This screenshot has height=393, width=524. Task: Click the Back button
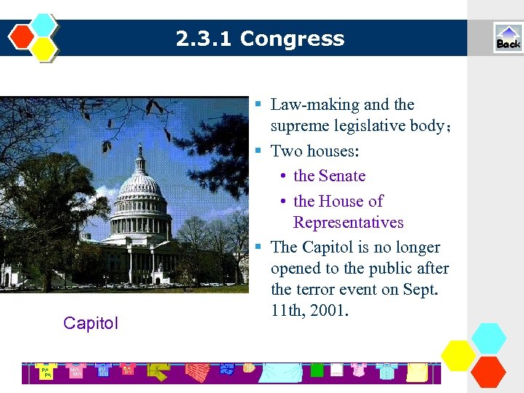pos(508,38)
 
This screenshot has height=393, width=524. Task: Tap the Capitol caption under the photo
pos(90,323)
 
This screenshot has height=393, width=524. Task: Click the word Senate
pos(342,175)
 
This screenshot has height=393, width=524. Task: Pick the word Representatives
pos(348,222)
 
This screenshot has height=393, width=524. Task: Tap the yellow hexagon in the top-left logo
pos(44,48)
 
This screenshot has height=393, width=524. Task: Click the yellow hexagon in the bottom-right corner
pos(459,355)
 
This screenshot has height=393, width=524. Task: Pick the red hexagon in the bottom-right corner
pos(488,371)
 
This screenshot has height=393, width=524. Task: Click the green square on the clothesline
pos(317,370)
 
